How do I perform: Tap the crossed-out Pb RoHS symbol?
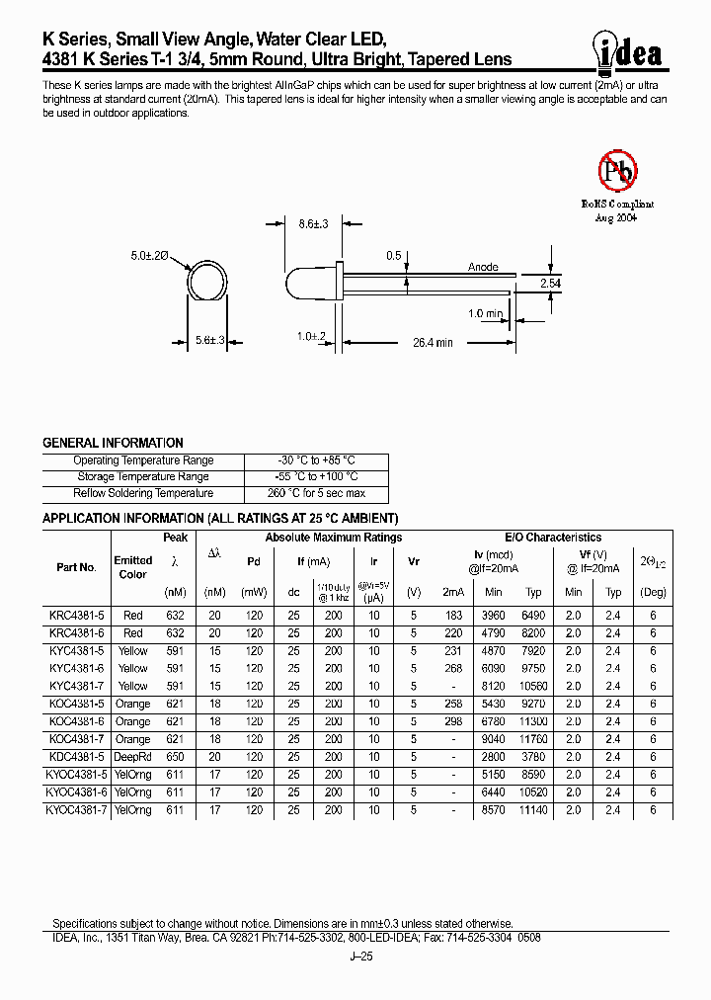coord(618,171)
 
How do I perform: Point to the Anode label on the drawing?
coord(483,267)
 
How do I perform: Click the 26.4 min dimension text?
coord(433,342)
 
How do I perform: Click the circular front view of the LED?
coord(208,281)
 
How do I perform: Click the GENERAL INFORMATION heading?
coord(113,444)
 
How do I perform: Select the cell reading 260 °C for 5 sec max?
coord(316,493)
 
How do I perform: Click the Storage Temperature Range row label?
coord(143,476)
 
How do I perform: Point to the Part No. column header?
coord(76,567)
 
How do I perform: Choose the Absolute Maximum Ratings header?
coord(333,538)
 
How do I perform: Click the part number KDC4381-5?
coord(70,757)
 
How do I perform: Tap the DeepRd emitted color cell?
coord(132,757)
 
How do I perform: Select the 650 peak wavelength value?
coord(176,757)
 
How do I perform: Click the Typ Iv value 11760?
coord(533,739)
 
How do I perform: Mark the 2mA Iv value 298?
coord(453,721)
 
